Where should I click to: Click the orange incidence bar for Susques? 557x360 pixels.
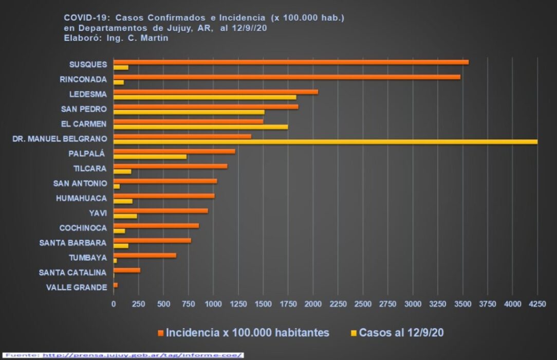(290, 62)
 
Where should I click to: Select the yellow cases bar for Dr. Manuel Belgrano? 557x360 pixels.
(325, 141)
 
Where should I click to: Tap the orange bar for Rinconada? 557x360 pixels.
(286, 77)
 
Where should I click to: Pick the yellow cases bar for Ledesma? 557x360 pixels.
(205, 97)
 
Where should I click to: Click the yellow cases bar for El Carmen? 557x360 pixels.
(200, 127)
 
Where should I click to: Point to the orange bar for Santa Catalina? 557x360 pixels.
(126, 270)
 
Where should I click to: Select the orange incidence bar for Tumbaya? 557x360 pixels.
(144, 255)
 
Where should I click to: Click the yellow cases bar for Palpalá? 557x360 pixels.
(150, 156)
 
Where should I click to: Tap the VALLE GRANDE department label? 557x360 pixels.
(77, 287)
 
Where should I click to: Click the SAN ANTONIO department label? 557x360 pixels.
(80, 183)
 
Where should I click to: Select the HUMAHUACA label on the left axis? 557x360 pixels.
(81, 198)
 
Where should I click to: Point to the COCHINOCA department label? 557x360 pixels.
(83, 228)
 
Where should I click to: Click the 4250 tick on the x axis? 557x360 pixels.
(537, 304)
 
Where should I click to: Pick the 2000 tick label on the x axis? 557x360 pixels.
(313, 304)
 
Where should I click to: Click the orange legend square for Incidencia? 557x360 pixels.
(161, 333)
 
